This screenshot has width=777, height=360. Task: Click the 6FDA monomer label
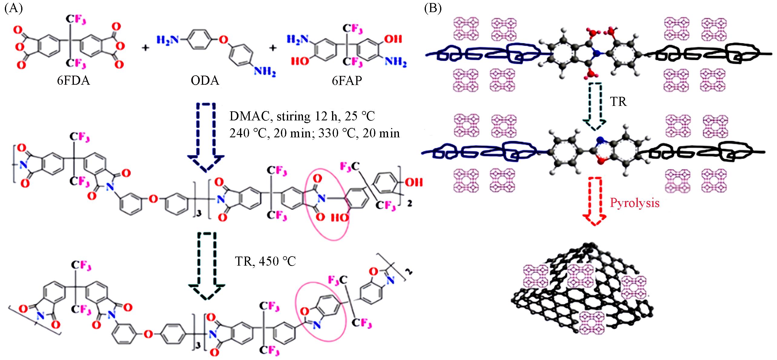pos(73,81)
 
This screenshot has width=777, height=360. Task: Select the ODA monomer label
pos(205,81)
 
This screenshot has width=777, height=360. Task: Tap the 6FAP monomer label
pos(347,81)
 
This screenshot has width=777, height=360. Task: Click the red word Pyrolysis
pos(634,202)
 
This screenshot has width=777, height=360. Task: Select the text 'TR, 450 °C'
pos(265,261)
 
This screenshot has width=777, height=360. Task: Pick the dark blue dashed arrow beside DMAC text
pos(206,136)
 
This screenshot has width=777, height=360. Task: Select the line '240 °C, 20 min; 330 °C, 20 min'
pos(314,133)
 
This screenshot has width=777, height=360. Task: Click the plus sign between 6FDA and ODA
pos(146,48)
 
